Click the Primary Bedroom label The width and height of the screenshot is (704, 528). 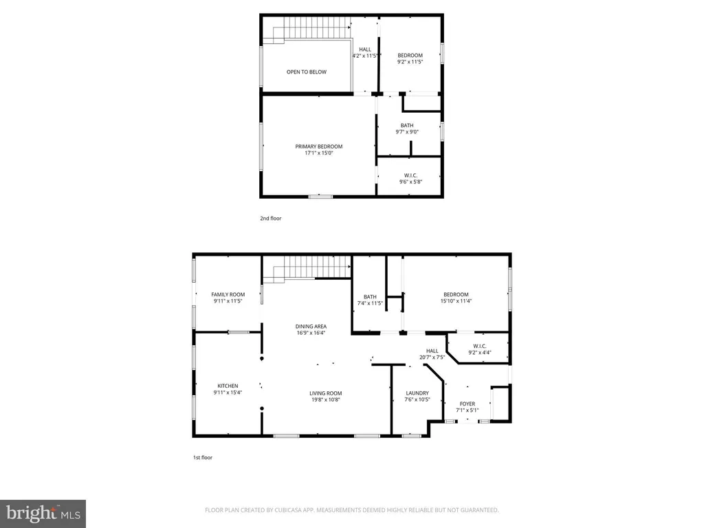click(319, 149)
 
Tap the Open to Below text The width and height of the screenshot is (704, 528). click(307, 71)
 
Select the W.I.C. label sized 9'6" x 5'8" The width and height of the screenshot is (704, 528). click(411, 179)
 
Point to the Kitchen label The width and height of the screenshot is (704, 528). click(228, 389)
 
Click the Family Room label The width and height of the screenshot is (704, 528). click(228, 298)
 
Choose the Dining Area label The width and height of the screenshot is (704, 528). click(311, 329)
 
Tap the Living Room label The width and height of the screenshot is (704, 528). click(325, 397)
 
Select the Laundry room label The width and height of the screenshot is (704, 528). click(417, 396)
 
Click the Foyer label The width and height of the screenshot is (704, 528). click(467, 407)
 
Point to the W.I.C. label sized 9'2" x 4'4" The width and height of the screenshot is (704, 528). click(479, 349)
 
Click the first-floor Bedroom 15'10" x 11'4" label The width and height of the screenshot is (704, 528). click(456, 298)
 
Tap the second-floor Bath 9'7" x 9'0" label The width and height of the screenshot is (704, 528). click(407, 129)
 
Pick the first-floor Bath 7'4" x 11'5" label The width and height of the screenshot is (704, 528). click(370, 300)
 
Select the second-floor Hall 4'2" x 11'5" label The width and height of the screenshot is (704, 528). click(365, 52)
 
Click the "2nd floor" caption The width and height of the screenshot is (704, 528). click(271, 218)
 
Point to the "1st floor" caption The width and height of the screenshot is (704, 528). click(203, 457)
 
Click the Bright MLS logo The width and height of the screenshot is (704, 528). click(43, 514)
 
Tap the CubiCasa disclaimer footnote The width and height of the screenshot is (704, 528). click(351, 510)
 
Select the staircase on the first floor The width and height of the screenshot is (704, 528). click(307, 269)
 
